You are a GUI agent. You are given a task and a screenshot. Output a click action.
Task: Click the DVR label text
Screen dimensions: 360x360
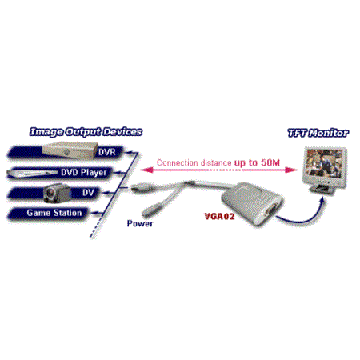[x=107, y=152]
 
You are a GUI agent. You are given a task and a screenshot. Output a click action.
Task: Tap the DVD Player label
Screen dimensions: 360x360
[x=84, y=173]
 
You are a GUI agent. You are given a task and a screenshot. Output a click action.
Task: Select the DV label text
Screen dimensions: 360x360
[x=88, y=193]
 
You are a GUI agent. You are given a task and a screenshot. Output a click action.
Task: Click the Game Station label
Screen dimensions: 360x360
[x=54, y=213]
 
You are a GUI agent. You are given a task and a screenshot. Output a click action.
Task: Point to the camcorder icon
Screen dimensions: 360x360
[x=58, y=193]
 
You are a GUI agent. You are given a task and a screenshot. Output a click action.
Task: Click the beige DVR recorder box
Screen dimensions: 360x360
[x=69, y=150]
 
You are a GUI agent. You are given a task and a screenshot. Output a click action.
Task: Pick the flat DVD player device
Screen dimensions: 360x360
[x=33, y=174]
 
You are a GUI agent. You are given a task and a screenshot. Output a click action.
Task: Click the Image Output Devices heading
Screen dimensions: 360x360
[x=86, y=132]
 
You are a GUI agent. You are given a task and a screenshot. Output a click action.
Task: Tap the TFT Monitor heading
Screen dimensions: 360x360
[x=318, y=133]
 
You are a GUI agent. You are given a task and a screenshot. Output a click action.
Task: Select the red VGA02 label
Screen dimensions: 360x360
[x=219, y=216]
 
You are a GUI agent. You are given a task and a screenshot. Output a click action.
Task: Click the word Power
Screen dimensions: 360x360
[x=140, y=223]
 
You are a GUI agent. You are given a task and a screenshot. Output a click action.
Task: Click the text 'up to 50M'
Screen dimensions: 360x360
[x=257, y=162]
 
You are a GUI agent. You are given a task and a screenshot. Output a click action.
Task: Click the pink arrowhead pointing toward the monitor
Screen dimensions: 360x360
[x=290, y=170]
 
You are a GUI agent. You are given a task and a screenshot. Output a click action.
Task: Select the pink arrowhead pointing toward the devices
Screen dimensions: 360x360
[x=146, y=170]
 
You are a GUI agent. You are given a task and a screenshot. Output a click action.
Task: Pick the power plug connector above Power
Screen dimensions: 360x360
[x=153, y=210]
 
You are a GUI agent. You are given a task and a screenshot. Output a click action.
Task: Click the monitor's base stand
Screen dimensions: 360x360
[x=322, y=190]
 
